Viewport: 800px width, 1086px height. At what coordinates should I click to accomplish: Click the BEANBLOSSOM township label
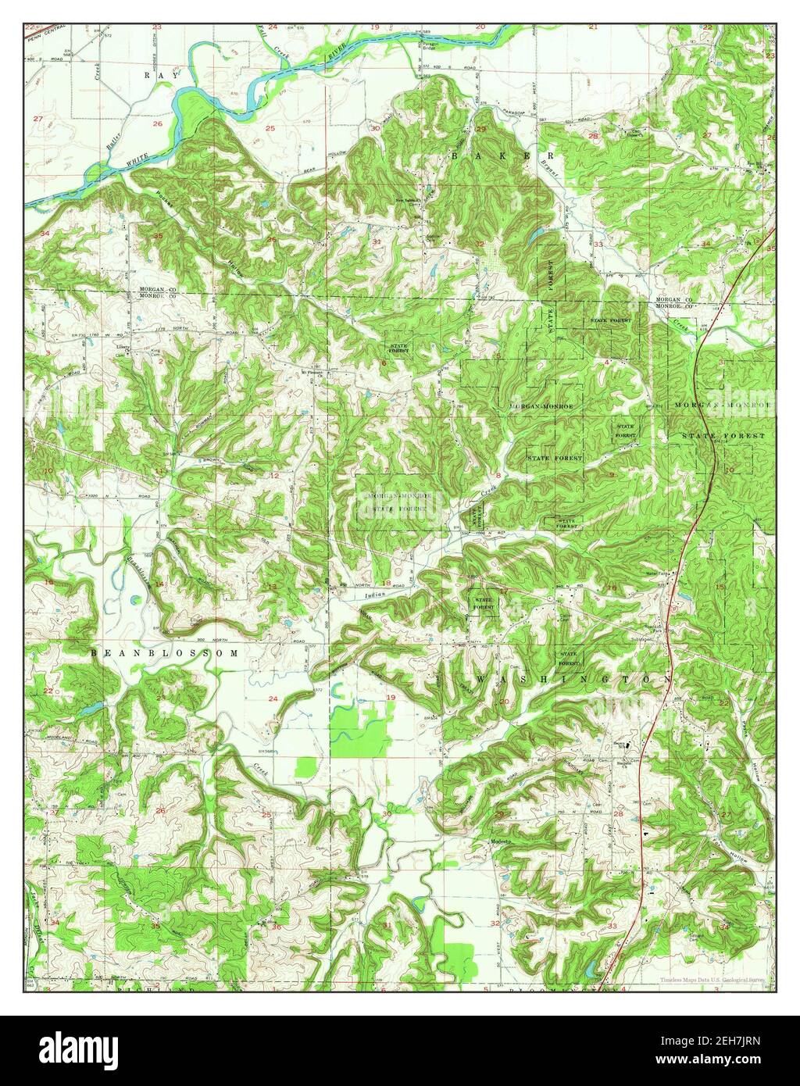(162, 651)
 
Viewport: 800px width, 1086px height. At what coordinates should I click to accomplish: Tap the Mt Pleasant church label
(313, 372)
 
